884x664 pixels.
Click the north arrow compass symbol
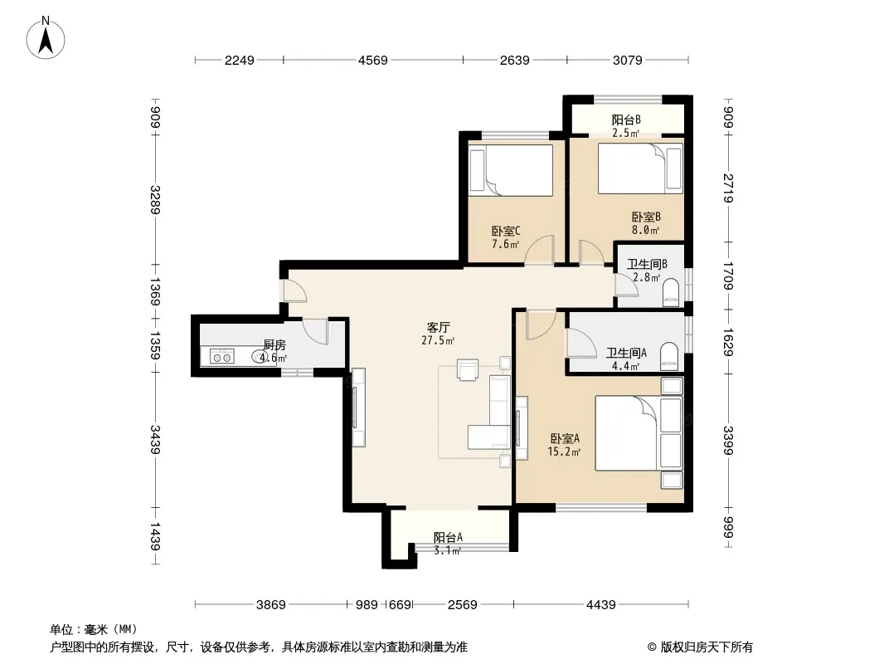coord(46,38)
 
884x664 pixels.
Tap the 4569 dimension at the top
coord(373,60)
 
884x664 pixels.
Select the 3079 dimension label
coord(628,60)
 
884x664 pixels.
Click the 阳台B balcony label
coord(626,120)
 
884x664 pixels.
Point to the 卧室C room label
coord(506,231)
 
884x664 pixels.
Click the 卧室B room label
coord(646,217)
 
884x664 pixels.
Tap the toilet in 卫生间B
coord(671,293)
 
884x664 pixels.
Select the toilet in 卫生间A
coord(670,355)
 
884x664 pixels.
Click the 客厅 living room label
coord(438,327)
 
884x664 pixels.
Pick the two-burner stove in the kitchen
coord(222,357)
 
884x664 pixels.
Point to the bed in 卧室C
coord(511,170)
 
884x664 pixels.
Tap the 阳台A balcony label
coord(448,538)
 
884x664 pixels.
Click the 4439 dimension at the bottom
coord(601,605)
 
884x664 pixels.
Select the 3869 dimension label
coord(271,605)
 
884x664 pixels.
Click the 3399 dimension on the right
coord(728,441)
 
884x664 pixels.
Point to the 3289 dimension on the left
coord(156,200)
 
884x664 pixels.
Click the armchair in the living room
coord(468,370)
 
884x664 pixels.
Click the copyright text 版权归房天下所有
coord(707,647)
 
